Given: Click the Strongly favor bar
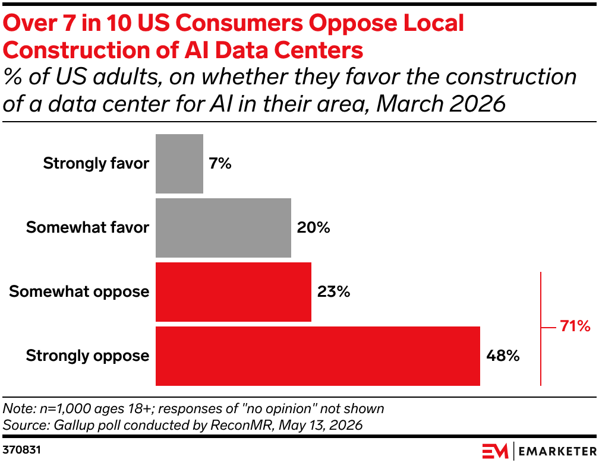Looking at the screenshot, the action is pos(179,163).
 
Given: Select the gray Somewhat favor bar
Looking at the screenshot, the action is pos(223,227).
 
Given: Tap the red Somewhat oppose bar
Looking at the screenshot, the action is pos(234,291).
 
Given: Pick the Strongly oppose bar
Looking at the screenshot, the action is pos(318,356).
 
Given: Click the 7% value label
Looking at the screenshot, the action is pos(220,163).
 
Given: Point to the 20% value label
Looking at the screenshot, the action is pos(314,227).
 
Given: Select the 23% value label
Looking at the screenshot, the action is pos(333,291).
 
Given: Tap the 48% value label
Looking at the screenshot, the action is pos(503,356).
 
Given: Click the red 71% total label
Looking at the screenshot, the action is pos(575,326).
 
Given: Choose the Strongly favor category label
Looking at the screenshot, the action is pos(96,163).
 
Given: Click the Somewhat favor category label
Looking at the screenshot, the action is pos(87,227).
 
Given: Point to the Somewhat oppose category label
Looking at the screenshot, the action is pos(79,291).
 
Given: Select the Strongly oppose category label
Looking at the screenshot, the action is pos(87,356).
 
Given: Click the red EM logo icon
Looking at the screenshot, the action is pos(495,451).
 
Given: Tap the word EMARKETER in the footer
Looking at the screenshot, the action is pos(557,452).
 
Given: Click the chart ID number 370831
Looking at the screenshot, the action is pos(21,449).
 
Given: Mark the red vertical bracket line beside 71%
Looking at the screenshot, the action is pos(541,329).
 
